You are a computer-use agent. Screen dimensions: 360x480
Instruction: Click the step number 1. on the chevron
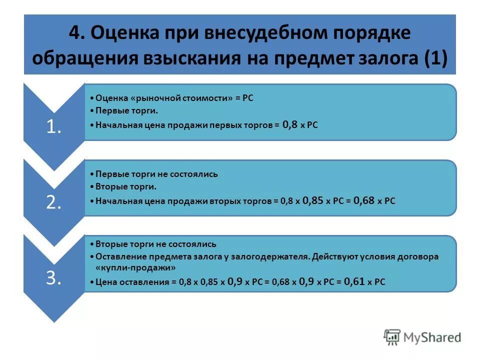53,127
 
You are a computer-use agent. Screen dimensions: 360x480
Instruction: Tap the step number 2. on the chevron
53,202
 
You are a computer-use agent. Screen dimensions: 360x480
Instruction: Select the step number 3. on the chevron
53,278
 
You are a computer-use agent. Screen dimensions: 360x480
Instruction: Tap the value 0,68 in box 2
364,200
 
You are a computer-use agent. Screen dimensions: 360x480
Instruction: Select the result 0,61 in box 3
354,281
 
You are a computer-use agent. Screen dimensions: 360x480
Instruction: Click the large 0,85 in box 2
313,200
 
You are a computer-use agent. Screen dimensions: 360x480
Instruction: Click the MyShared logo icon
392,337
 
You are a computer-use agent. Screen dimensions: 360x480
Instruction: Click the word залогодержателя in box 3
271,256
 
